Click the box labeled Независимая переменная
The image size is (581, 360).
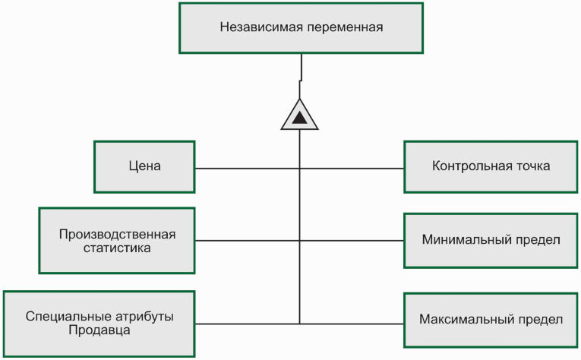[301, 28]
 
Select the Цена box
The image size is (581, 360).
[144, 166]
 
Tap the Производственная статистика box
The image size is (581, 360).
[117, 241]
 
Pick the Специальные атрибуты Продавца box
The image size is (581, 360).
[99, 324]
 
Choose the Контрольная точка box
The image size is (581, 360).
[490, 166]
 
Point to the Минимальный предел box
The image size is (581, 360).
[490, 240]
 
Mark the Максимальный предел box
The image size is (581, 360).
[490, 319]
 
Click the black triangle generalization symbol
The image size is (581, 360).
[300, 117]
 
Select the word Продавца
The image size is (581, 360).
[99, 331]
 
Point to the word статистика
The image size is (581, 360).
[117, 248]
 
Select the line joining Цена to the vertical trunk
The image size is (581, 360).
[247, 168]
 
